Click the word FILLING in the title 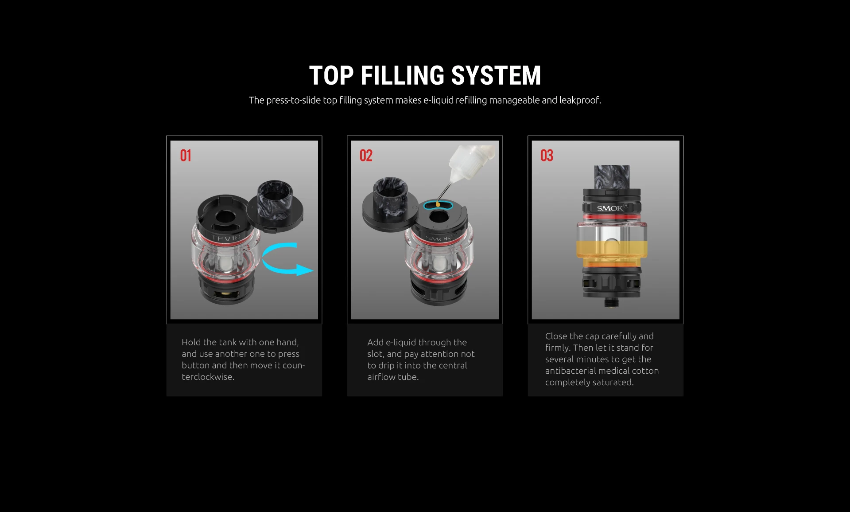tap(402, 75)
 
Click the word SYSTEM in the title tap(496, 75)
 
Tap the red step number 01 tap(185, 156)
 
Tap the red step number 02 tap(366, 156)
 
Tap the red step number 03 tap(547, 156)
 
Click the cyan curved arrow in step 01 tap(283, 259)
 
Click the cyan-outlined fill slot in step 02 tap(438, 205)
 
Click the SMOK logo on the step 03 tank tap(610, 208)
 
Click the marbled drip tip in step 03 tap(611, 176)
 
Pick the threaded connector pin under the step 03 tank tap(611, 302)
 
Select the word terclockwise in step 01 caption tap(207, 377)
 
